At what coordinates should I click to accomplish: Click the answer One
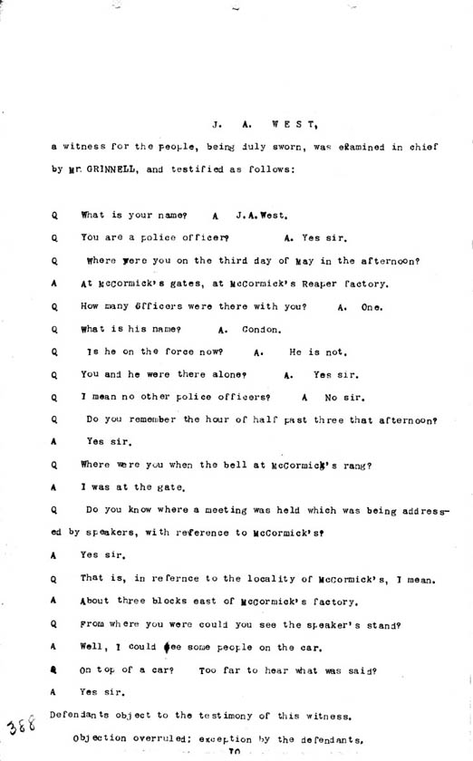pyautogui.click(x=372, y=307)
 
